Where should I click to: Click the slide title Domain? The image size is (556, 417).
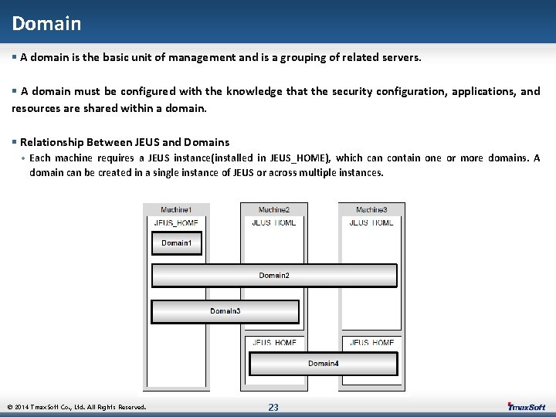point(46,23)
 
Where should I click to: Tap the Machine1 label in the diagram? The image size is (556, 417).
point(176,210)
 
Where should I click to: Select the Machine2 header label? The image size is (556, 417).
point(274,210)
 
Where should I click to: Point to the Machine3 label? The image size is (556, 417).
point(371,210)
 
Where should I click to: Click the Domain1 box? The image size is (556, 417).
point(176,242)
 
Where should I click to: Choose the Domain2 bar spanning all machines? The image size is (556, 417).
point(274,276)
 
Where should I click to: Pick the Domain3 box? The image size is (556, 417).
point(225,311)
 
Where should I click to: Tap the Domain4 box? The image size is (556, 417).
point(323,364)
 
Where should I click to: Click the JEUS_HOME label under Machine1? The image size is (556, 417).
point(176,222)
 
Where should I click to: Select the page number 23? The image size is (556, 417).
point(273,407)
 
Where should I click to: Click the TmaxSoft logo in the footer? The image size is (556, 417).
point(526,407)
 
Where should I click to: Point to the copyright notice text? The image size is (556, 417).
point(76,407)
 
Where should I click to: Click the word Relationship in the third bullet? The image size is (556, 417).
point(52,142)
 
